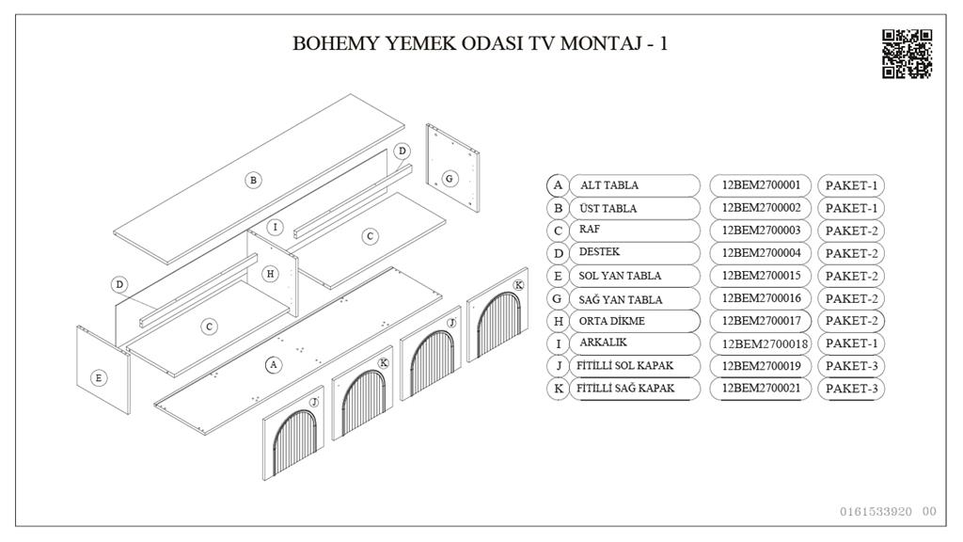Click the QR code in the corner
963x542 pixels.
coord(908,54)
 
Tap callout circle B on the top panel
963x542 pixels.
coord(253,180)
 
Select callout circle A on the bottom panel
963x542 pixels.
coord(274,365)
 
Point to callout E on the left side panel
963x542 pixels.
coord(98,378)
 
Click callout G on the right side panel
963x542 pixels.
coord(450,179)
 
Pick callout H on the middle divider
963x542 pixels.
coord(270,274)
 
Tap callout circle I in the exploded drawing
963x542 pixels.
coord(276,228)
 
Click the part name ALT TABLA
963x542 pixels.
coord(609,185)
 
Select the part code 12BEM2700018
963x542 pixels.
coord(765,344)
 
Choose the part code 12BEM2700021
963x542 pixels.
coord(761,389)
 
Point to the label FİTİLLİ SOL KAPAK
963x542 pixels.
coord(624,366)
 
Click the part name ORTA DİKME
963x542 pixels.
coord(611,321)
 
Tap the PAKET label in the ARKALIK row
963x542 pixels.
coord(851,343)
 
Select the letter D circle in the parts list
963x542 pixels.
coord(558,253)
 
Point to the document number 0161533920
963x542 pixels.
coord(876,511)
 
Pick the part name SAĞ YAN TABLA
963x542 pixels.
coord(621,300)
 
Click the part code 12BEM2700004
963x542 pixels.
coord(761,252)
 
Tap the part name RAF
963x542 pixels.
coord(589,230)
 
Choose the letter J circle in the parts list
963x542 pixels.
coord(558,366)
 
